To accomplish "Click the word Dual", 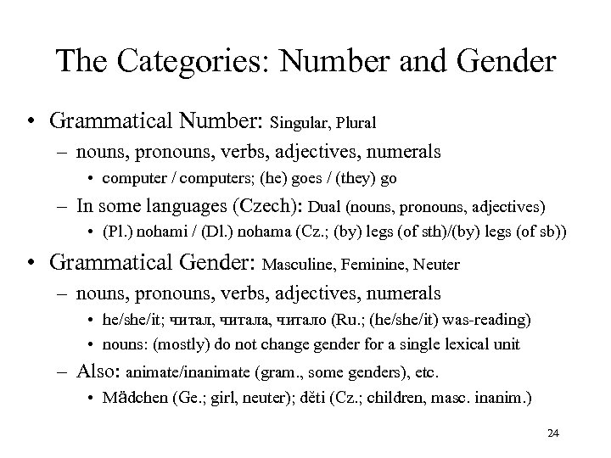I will [329, 206].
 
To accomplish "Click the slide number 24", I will [552, 433].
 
